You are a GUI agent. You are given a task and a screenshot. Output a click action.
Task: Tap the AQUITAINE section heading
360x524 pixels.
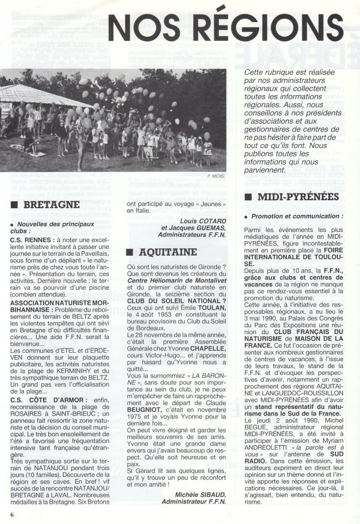tap(165, 250)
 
